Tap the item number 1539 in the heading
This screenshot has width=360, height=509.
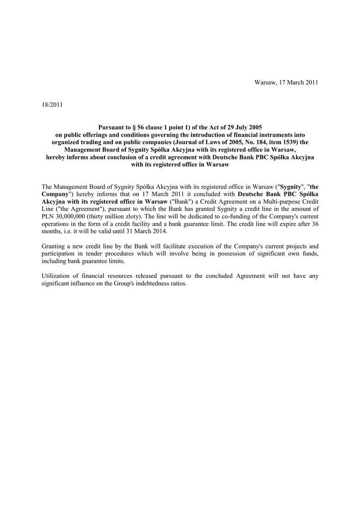click(285, 142)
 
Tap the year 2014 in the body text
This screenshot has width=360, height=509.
click(159, 231)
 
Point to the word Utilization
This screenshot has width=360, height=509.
click(56, 275)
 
